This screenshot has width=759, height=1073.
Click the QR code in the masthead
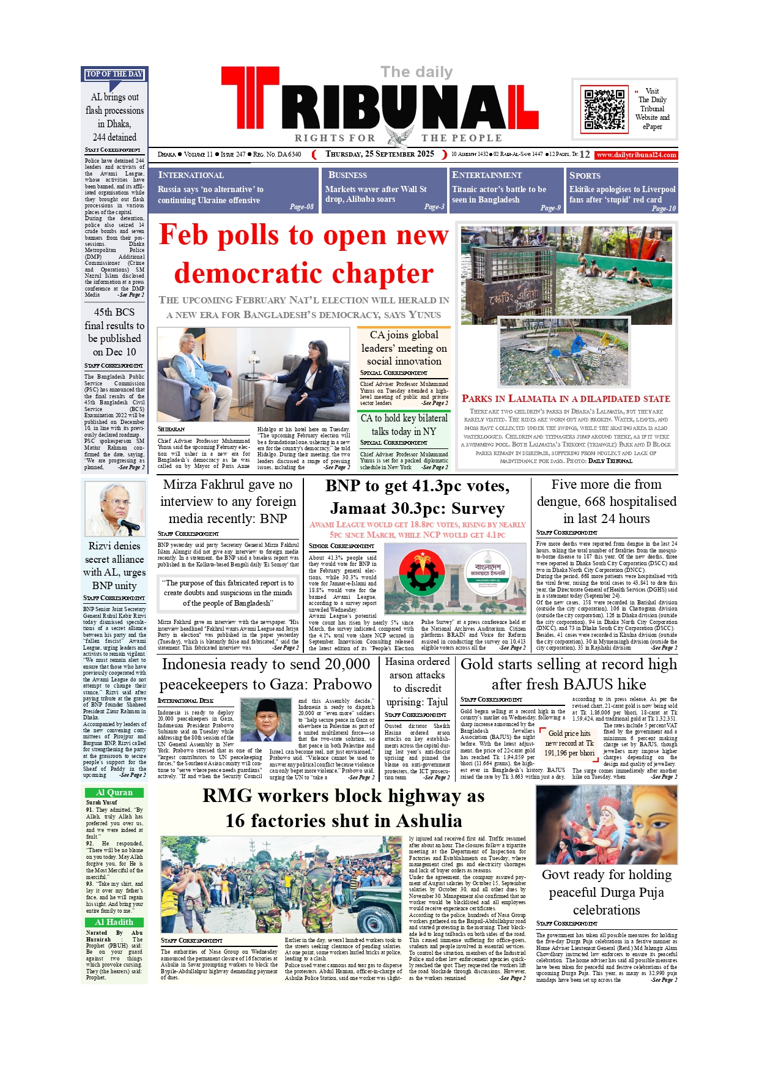[x=604, y=109]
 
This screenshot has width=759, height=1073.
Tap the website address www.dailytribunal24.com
[x=637, y=155]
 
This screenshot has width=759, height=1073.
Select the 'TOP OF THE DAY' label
[x=114, y=74]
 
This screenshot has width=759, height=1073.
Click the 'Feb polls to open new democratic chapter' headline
[x=304, y=254]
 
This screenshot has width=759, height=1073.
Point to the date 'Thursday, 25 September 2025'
[x=379, y=154]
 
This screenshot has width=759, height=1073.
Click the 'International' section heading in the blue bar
[x=191, y=175]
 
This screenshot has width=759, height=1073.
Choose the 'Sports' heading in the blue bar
[x=585, y=175]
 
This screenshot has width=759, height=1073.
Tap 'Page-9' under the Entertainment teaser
[x=550, y=207]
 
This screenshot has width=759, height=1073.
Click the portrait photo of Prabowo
[x=266, y=720]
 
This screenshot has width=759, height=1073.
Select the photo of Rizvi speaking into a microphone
[x=115, y=508]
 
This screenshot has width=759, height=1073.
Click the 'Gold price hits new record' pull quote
[x=569, y=743]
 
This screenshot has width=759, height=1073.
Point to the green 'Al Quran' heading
[x=114, y=792]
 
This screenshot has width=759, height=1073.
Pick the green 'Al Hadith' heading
[x=114, y=922]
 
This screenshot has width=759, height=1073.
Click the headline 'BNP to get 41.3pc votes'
[x=418, y=497]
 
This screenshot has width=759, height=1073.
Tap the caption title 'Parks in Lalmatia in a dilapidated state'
[x=566, y=398]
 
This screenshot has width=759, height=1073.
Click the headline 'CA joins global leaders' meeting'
[x=404, y=347]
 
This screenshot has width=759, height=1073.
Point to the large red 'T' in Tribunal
[x=250, y=104]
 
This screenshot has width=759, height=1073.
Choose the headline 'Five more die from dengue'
[x=606, y=501]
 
